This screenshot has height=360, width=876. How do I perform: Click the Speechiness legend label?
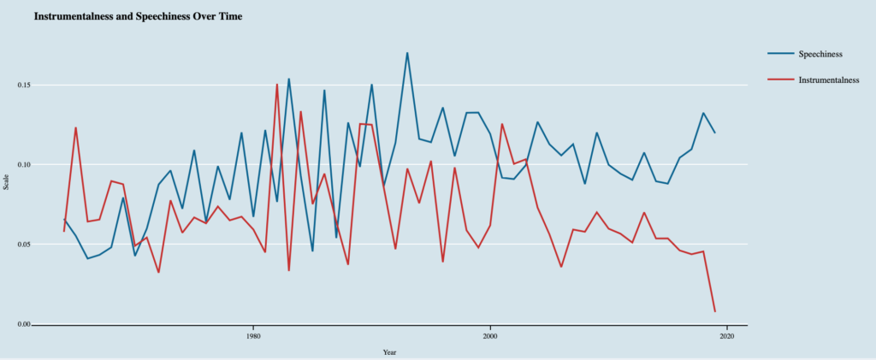tap(821, 55)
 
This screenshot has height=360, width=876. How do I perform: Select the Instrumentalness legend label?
tap(828, 80)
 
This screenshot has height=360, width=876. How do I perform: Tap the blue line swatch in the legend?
tap(779, 55)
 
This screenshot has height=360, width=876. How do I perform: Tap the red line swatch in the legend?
tap(779, 80)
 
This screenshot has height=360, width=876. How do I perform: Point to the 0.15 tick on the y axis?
tap(22, 86)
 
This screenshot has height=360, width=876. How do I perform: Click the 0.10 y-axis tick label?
tap(22, 165)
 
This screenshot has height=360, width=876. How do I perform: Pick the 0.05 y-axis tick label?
tap(22, 245)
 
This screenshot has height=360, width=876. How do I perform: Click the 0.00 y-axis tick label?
tap(22, 324)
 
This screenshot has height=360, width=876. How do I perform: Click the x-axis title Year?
tap(389, 351)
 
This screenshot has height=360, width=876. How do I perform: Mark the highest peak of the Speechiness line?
tap(407, 53)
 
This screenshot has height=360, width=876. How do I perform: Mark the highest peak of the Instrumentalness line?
tap(277, 84)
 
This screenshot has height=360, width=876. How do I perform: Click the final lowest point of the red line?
tap(715, 311)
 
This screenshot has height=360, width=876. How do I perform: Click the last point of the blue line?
tap(715, 133)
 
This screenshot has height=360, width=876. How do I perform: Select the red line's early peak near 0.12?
tap(75, 128)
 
